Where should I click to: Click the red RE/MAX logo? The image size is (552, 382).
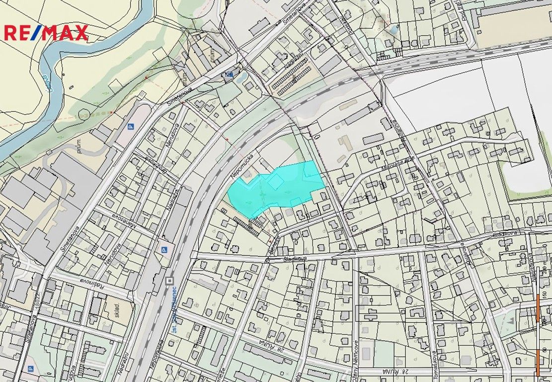[46, 32]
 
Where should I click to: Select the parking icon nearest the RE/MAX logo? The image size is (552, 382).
[131, 127]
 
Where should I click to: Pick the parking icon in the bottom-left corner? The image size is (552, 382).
[30, 369]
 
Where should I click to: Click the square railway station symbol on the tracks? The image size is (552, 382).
[169, 281]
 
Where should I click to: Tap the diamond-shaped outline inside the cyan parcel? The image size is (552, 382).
[274, 182]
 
